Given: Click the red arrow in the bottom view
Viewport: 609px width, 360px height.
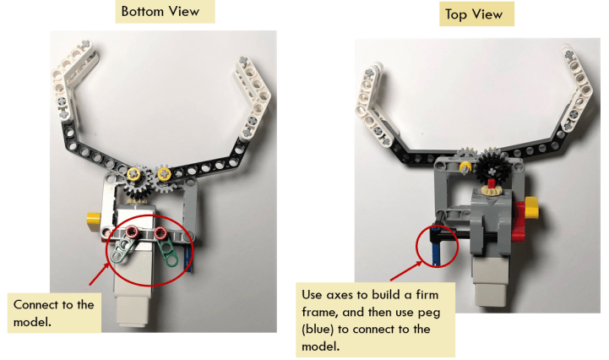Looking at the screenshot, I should tap(97, 275).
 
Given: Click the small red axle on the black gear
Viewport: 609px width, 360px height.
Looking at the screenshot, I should tap(491, 181).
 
